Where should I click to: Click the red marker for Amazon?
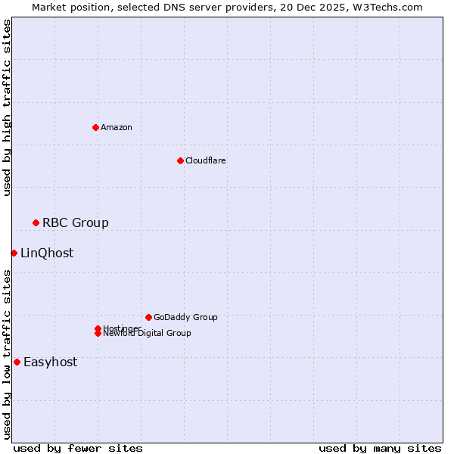pos(95,127)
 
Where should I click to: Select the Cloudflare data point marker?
pos(180,160)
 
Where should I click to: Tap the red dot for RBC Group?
pos(36,222)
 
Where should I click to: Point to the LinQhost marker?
pos(14,253)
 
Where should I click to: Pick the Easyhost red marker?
pos(17,362)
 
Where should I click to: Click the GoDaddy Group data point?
pos(148,317)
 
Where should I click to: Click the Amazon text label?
pos(117,127)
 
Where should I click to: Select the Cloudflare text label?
pos(205,160)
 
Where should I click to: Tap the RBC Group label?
pos(75,222)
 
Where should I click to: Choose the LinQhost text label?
pos(47,253)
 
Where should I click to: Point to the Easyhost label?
pos(50,362)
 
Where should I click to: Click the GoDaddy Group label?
pos(185,317)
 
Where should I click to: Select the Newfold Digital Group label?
pos(148,334)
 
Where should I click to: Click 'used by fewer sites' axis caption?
pos(78,448)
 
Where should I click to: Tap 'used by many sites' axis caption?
pos(380,448)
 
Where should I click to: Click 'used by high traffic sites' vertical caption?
pos(7,107)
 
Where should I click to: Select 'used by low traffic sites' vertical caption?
pos(7,354)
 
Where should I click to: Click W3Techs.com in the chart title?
pos(389,7)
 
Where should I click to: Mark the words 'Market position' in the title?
pos(66,7)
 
